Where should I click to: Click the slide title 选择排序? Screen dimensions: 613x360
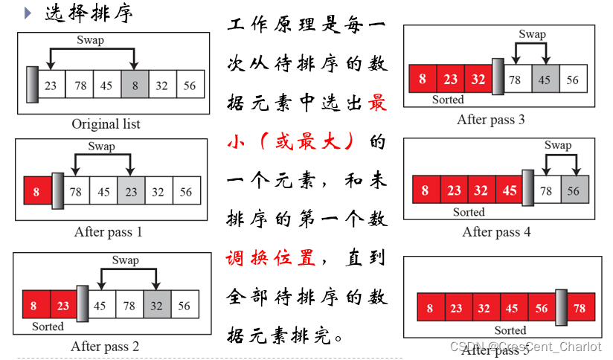[x=90, y=13]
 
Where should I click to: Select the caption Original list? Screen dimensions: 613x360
[x=106, y=123]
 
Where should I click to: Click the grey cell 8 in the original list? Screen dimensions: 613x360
[x=134, y=85]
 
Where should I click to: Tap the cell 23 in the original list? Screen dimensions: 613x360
[x=51, y=85]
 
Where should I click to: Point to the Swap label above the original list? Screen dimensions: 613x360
[x=90, y=39]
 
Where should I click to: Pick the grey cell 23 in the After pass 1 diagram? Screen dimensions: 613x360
[x=130, y=192]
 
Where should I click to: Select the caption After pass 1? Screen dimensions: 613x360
[x=108, y=232]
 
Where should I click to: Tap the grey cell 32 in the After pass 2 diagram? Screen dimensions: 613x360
[x=156, y=305]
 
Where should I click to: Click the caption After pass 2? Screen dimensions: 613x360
[x=105, y=346]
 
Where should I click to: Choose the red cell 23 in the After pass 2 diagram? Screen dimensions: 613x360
[x=63, y=305]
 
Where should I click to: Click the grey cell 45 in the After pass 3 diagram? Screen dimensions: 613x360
[x=545, y=79]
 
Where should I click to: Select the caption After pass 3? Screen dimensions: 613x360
[x=490, y=119]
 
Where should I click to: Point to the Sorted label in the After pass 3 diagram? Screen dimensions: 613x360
[x=448, y=100]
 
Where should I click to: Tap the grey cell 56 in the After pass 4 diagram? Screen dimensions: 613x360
[x=574, y=190]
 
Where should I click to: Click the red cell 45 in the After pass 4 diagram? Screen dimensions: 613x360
[x=510, y=190]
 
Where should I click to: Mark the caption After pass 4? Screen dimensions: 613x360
[x=496, y=231]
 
